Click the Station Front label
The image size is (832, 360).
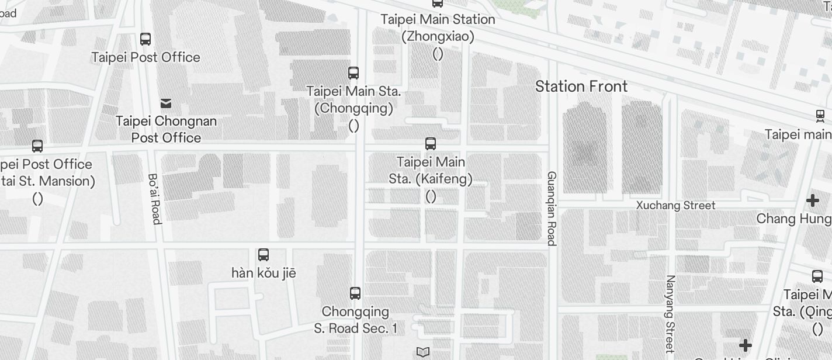581,86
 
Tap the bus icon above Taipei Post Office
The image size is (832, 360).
145,39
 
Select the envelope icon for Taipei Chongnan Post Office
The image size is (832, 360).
166,103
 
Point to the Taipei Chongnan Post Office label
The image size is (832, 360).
166,129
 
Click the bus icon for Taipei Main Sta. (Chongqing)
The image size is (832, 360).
353,73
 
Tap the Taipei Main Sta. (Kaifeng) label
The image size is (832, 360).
431,170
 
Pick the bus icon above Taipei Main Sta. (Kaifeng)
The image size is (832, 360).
431,143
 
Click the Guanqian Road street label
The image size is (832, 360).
551,208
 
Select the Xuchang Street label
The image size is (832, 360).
675,205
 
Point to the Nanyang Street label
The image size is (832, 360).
670,313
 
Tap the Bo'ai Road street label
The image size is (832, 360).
154,198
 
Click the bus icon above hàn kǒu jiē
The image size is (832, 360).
264,255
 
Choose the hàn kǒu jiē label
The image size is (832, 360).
264,273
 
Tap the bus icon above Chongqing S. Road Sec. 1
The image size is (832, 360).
355,293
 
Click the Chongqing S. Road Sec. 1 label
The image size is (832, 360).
355,320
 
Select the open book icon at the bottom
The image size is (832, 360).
423,352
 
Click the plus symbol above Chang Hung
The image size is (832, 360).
812,201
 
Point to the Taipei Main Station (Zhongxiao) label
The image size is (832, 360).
438,27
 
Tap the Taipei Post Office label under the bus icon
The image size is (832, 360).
145,57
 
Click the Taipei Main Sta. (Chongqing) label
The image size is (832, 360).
353,99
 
